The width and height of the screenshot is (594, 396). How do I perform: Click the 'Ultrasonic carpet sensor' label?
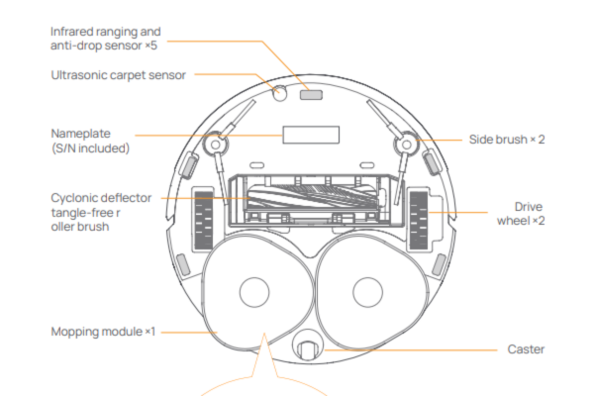click(119, 75)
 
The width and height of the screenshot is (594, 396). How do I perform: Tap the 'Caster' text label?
click(526, 348)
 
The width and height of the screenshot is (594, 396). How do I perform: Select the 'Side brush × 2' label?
click(507, 140)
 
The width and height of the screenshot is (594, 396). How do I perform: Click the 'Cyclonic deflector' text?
click(101, 198)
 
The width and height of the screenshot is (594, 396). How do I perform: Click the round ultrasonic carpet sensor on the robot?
click(278, 92)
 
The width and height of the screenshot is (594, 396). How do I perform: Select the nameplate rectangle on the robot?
click(302, 134)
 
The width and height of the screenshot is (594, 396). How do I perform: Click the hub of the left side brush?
click(210, 144)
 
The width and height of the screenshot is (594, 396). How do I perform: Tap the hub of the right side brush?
click(403, 144)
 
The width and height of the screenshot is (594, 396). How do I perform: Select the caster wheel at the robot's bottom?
click(307, 351)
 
